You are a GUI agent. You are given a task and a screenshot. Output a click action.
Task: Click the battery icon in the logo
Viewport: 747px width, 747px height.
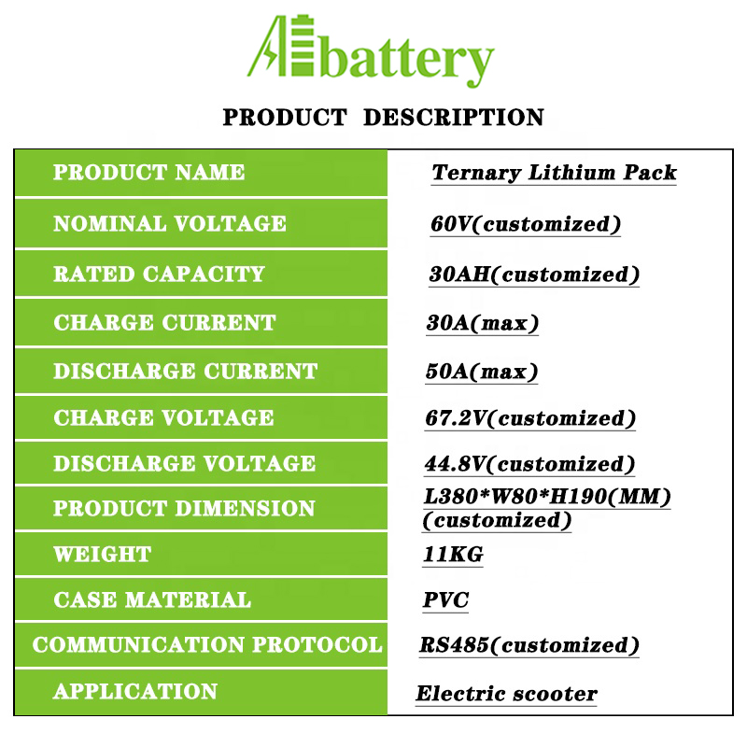click(302, 46)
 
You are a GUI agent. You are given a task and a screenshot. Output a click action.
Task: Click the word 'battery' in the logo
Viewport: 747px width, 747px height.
click(407, 59)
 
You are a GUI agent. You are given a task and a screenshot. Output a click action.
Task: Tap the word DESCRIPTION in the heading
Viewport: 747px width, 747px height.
click(454, 118)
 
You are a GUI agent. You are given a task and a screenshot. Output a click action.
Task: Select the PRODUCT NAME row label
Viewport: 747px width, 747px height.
click(148, 172)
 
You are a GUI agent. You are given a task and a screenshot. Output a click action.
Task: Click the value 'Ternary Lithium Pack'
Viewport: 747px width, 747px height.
click(554, 173)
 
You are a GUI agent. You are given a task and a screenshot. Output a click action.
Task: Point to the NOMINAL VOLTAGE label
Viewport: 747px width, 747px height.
click(170, 223)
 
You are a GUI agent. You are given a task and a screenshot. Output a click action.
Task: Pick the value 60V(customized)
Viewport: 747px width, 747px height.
click(526, 224)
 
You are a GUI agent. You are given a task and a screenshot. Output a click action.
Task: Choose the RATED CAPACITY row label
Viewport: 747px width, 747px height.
click(159, 274)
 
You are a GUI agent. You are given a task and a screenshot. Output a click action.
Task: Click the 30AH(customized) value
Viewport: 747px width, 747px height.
click(534, 275)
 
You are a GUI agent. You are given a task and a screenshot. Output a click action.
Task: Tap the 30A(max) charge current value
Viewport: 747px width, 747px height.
click(482, 323)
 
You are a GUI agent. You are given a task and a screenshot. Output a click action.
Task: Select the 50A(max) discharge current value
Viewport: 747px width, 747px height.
click(482, 372)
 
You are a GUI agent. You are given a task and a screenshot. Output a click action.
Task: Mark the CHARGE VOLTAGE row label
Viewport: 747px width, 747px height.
click(164, 417)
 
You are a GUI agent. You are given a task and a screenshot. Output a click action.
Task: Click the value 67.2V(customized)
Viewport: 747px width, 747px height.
click(529, 418)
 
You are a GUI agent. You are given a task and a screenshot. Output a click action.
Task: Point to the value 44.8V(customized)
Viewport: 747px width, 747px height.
click(529, 464)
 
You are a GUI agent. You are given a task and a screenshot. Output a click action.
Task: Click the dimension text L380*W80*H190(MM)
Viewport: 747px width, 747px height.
click(547, 497)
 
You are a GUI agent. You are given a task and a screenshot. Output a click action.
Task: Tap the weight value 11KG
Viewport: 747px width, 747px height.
click(453, 555)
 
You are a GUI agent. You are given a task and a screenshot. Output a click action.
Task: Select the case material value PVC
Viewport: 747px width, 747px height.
click(446, 599)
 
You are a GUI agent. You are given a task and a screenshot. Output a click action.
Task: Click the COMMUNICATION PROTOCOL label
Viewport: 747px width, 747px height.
click(207, 644)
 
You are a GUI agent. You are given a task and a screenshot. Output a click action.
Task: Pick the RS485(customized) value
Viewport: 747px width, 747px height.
click(529, 645)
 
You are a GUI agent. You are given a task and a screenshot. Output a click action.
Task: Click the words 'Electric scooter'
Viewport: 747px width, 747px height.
click(506, 694)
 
